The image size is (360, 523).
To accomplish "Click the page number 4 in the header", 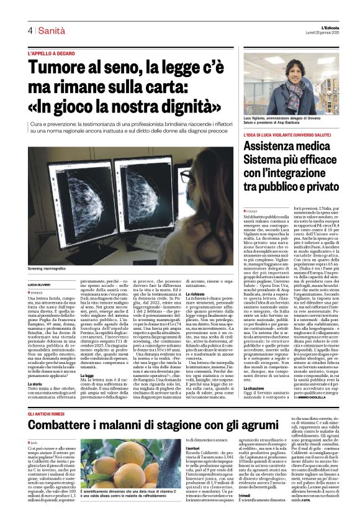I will coord(29,30).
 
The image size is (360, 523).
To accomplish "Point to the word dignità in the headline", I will coord(186,106).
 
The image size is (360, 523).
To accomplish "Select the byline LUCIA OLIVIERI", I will coord(39,267).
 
